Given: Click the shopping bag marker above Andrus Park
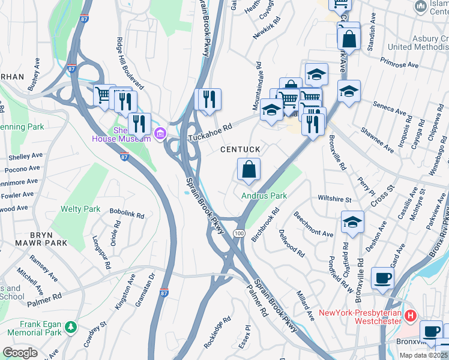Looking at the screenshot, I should [x=249, y=170].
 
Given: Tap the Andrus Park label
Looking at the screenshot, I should [x=264, y=196].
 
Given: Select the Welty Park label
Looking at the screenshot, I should [x=80, y=209].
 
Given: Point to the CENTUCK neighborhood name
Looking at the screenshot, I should [x=240, y=149].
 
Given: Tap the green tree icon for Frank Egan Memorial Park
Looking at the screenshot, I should [x=71, y=327].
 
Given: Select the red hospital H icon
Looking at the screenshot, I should [x=411, y=315].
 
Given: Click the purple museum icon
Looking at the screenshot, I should [x=160, y=133].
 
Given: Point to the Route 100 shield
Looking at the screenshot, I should [x=239, y=233].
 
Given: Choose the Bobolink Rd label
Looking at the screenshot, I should [x=127, y=214].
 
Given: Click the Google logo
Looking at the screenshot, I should [x=20, y=353].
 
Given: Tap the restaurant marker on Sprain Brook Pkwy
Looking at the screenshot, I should [x=209, y=99].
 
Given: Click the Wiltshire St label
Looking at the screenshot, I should [x=334, y=199].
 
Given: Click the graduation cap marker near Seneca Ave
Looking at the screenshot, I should [x=348, y=92].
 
